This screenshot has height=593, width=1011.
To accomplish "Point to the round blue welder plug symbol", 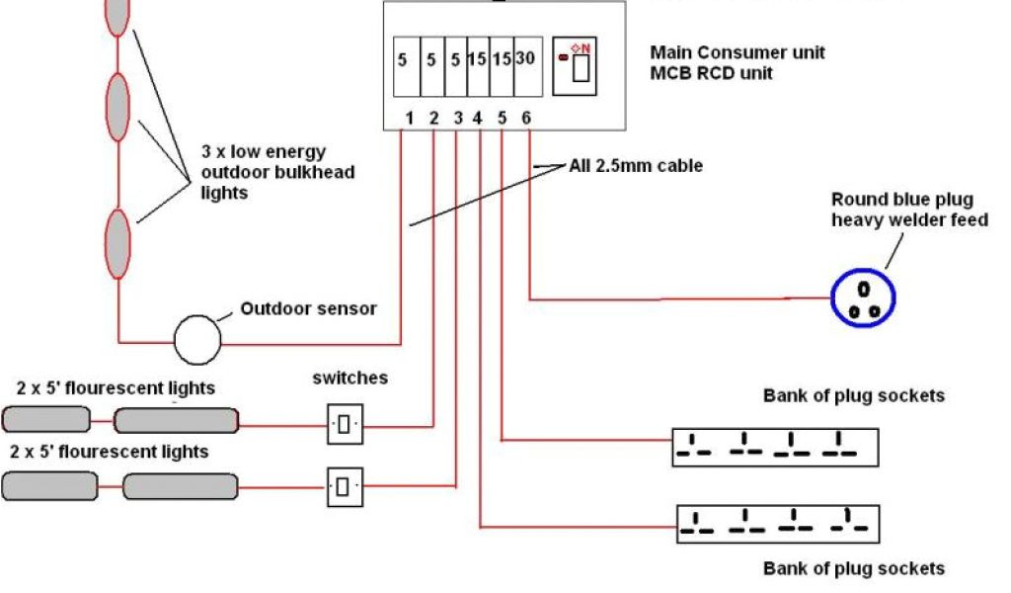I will [x=862, y=296].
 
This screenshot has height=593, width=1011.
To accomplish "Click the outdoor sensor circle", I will [x=198, y=341].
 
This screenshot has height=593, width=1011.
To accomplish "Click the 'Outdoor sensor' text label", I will [x=308, y=308].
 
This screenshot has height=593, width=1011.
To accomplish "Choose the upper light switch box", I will [x=344, y=425].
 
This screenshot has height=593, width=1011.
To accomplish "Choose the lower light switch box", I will [x=344, y=486].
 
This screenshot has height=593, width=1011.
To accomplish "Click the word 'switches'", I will [x=350, y=378].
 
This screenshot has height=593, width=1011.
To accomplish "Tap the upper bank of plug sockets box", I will [x=775, y=447].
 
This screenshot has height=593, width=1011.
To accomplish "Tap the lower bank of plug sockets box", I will [x=777, y=523].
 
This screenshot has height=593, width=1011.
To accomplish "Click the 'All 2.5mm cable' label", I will [x=636, y=166].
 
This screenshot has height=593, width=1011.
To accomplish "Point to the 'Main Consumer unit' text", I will [x=738, y=52].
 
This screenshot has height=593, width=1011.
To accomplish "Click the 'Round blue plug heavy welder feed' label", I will [x=908, y=210].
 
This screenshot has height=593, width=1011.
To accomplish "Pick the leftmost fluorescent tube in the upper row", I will [x=45, y=420].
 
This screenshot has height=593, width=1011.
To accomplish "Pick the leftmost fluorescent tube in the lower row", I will [x=49, y=486].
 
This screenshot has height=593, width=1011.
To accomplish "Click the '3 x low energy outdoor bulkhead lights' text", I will [x=276, y=172].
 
